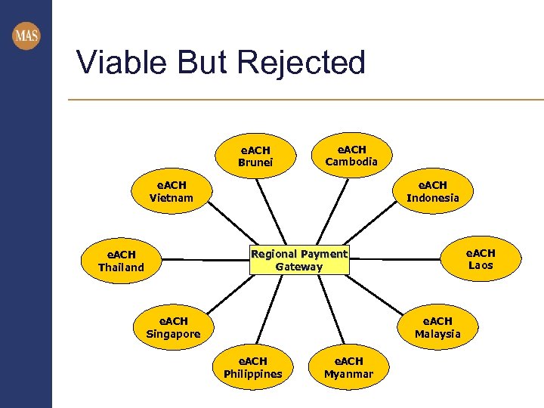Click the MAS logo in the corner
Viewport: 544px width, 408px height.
26,36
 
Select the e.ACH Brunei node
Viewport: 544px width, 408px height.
255,156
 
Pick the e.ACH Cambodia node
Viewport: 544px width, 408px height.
351,155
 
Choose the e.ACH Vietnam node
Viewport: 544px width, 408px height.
172,191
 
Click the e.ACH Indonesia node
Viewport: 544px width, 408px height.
432,191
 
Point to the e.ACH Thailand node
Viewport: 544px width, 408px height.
121,261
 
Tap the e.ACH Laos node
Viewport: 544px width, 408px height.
480,259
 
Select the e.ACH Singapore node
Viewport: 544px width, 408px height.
173,327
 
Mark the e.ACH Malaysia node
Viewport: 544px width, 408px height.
437,327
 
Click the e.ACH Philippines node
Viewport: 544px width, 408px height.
253,367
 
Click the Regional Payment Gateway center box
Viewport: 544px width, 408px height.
299,260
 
